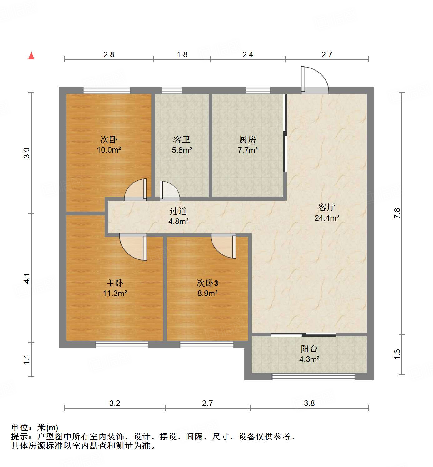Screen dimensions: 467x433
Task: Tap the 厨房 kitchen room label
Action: tap(247, 139)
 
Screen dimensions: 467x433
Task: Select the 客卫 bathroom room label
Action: tap(182, 139)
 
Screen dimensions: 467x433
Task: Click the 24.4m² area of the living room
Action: tap(327, 218)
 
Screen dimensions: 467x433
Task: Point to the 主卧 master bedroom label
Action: tap(115, 283)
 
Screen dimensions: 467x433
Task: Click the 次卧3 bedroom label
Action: tap(207, 283)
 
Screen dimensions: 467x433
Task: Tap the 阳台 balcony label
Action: tap(309, 349)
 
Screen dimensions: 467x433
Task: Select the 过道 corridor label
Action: tap(178, 211)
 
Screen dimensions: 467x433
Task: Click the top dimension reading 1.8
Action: tap(182, 55)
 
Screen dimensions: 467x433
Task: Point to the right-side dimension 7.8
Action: tap(397, 213)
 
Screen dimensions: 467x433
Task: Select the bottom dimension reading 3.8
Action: tap(309, 403)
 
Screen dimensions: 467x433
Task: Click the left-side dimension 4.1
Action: tap(27, 278)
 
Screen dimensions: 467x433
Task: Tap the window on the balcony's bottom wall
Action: tap(314, 377)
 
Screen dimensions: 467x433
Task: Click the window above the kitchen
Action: tap(258, 90)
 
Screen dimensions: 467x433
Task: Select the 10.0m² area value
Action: tap(109, 150)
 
